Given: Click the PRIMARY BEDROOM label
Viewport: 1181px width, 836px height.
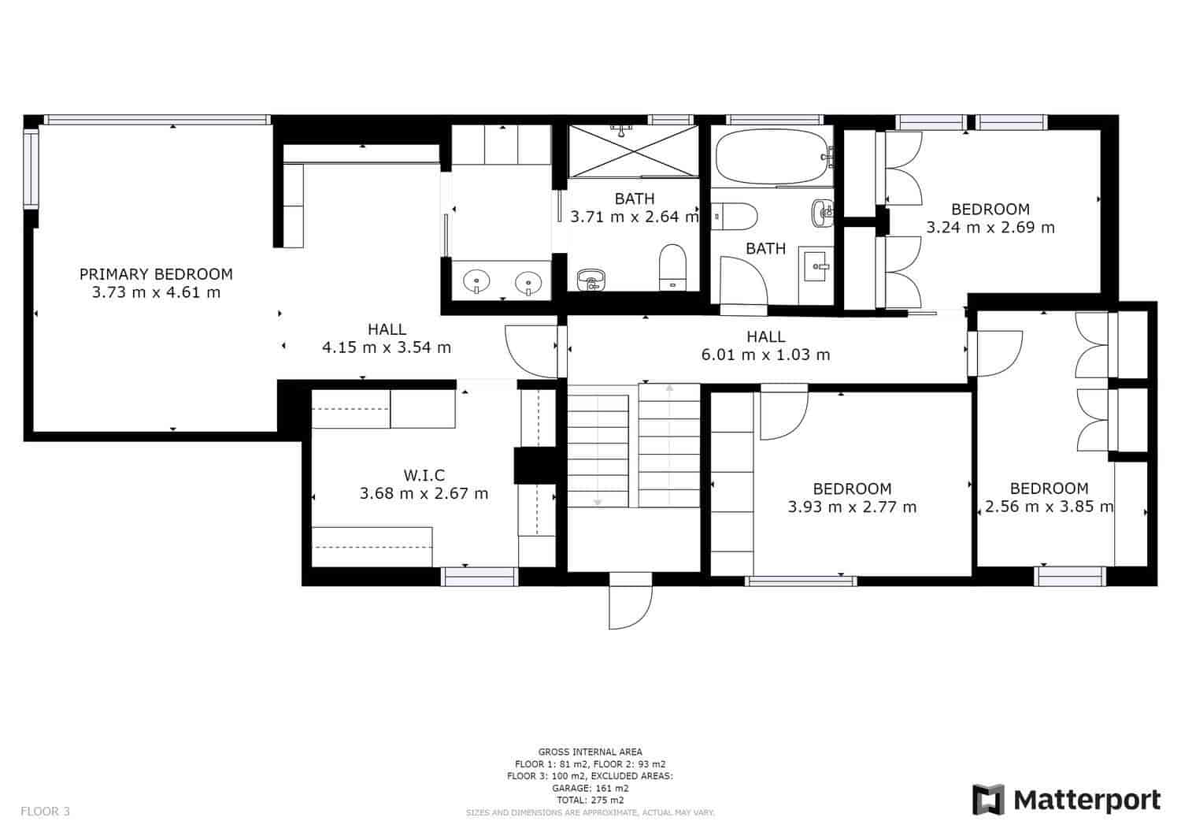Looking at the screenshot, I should click(x=156, y=274).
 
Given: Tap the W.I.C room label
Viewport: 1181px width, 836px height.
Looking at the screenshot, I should click(x=424, y=475).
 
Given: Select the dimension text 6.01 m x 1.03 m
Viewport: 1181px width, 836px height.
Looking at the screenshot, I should click(x=765, y=355).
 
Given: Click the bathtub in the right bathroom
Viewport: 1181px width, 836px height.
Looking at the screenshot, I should click(x=772, y=155).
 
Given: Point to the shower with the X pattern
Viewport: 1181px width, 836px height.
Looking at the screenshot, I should click(x=633, y=150).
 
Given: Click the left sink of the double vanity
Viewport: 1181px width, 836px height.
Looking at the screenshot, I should click(x=476, y=281).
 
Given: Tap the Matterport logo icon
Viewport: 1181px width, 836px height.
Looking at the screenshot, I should click(x=989, y=800).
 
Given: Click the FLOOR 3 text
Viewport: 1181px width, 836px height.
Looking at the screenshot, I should click(x=45, y=811).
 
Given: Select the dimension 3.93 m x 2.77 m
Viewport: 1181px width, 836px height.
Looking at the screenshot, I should click(x=852, y=507).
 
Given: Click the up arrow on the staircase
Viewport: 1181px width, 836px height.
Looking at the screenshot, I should click(x=669, y=388).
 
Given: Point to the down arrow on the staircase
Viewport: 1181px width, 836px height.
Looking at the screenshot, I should click(x=598, y=501).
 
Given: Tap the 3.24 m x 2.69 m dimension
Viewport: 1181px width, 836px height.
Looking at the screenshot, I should click(x=990, y=228).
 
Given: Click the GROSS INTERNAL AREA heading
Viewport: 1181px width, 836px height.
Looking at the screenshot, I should click(x=590, y=752).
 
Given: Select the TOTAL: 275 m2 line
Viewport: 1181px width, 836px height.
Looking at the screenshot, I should click(x=590, y=800).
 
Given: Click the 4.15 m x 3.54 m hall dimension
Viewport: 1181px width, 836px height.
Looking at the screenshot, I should click(x=387, y=347).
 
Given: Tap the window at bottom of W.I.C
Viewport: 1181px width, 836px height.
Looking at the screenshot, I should click(x=479, y=576).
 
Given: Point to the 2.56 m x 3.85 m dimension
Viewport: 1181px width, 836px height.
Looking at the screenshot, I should click(x=1049, y=507).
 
